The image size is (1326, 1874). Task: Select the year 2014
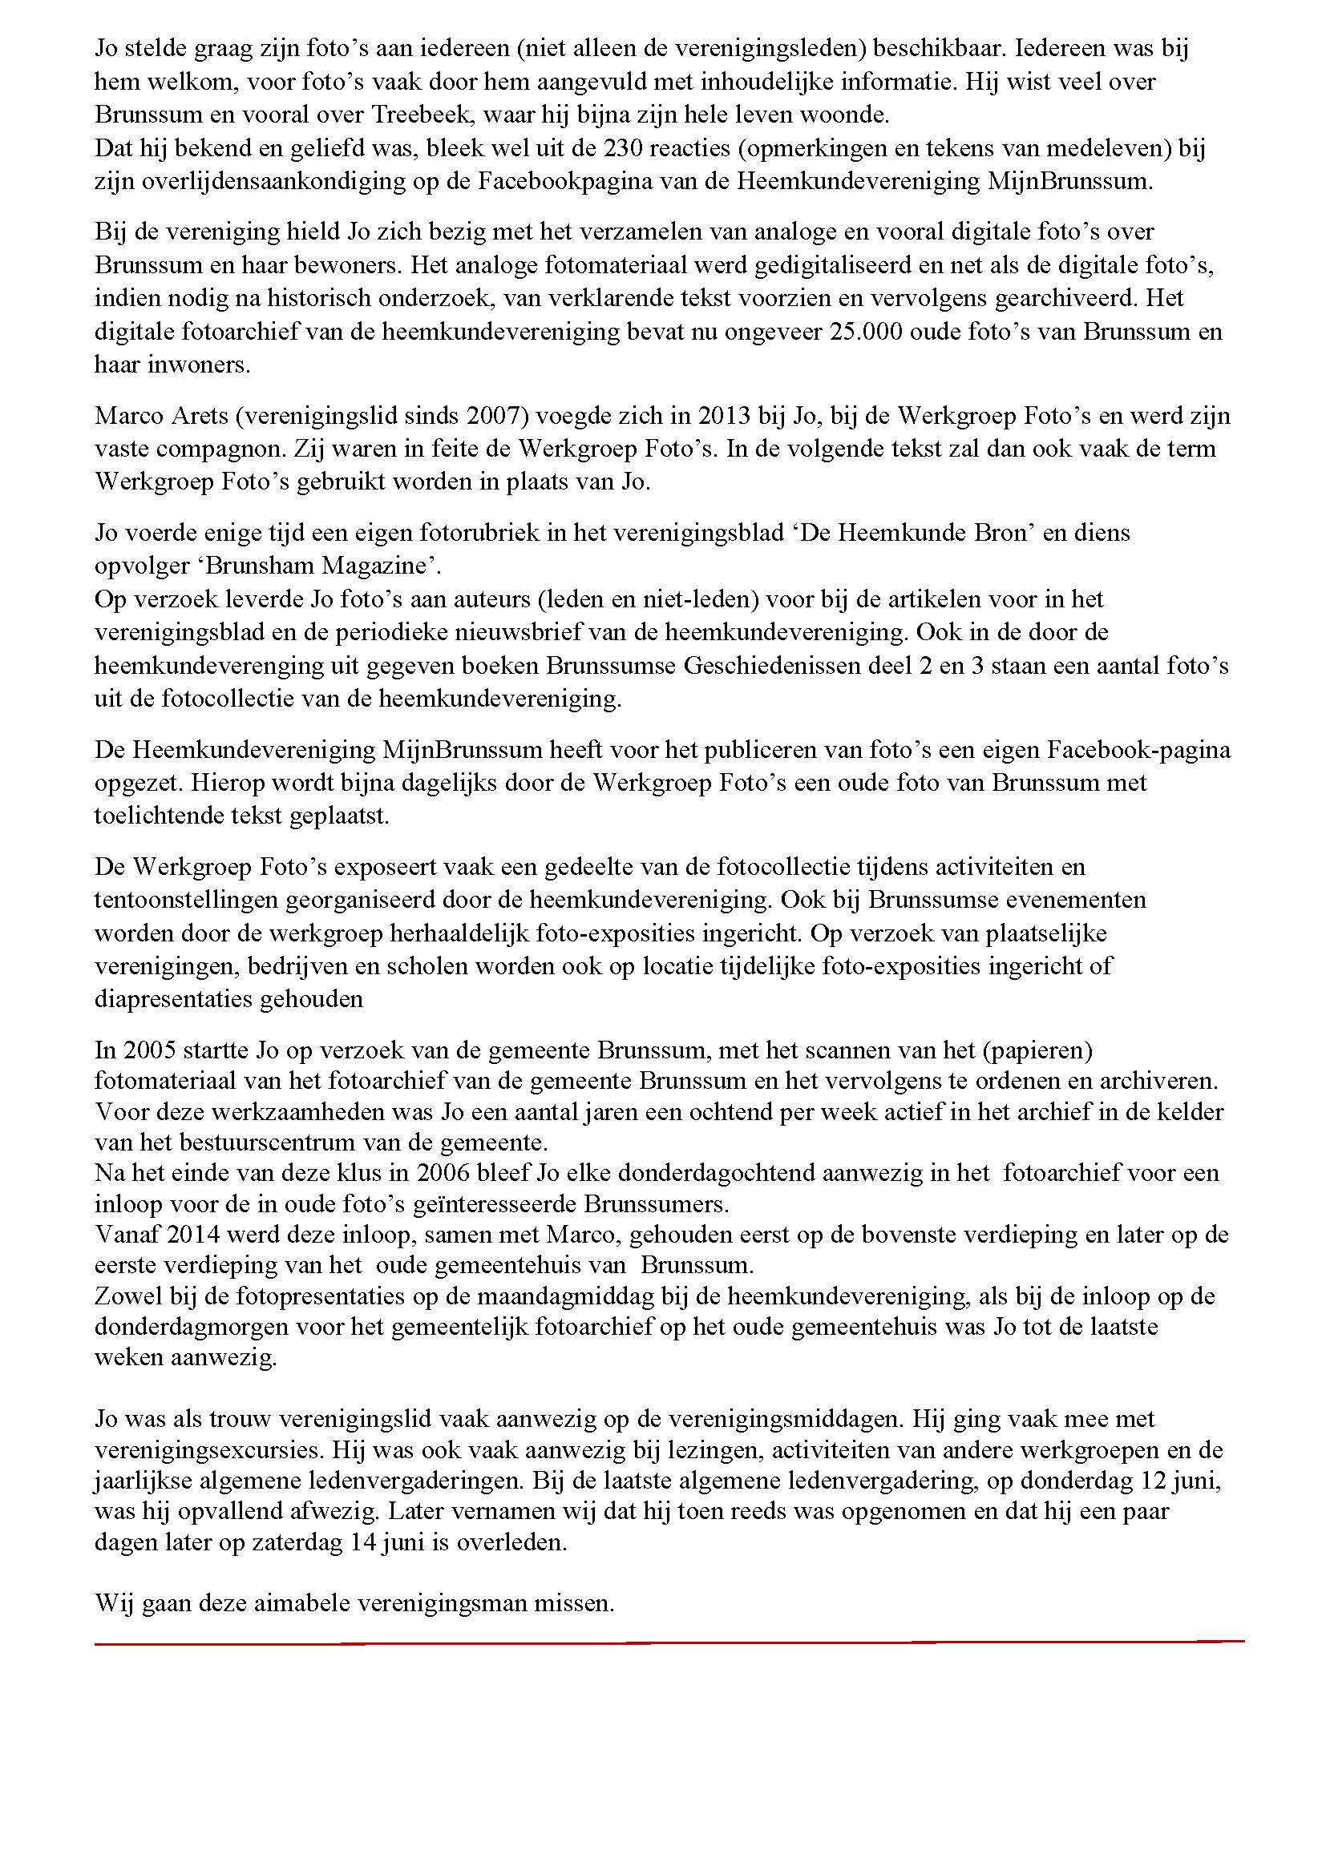192,1234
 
